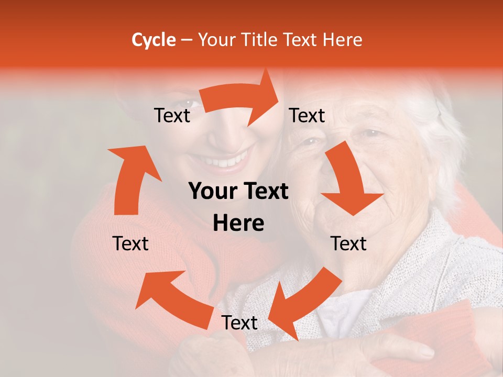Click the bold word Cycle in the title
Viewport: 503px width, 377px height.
(154, 40)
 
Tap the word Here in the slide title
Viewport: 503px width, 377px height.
(341, 40)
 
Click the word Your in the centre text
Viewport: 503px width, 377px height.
(212, 192)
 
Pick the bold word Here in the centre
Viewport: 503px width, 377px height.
(238, 224)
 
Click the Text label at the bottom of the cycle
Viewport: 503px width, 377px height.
(239, 323)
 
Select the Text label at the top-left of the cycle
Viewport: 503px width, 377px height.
(172, 116)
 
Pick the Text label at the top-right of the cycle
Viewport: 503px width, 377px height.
(307, 116)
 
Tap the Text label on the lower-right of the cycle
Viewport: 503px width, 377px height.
(348, 243)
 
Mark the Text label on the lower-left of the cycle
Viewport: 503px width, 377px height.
(130, 243)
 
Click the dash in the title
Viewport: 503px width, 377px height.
(187, 40)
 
